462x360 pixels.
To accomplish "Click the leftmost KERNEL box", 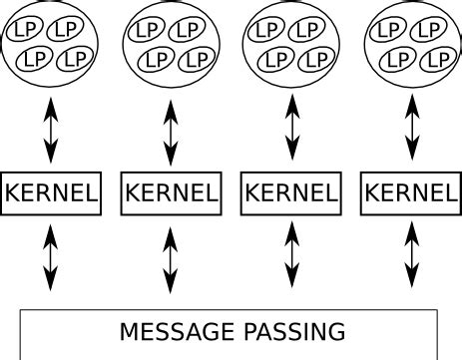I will point(51,192).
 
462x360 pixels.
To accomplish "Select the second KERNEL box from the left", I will point(170,192).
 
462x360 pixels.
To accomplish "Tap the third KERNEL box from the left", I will point(291,192).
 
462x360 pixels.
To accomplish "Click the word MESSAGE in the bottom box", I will point(174,331).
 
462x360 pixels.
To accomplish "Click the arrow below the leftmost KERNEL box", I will point(51,257).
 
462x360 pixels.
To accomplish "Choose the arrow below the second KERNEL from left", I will point(170,257).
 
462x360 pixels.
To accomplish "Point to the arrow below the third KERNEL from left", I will point(291,257).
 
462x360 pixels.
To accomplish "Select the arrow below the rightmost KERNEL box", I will point(409,257).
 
